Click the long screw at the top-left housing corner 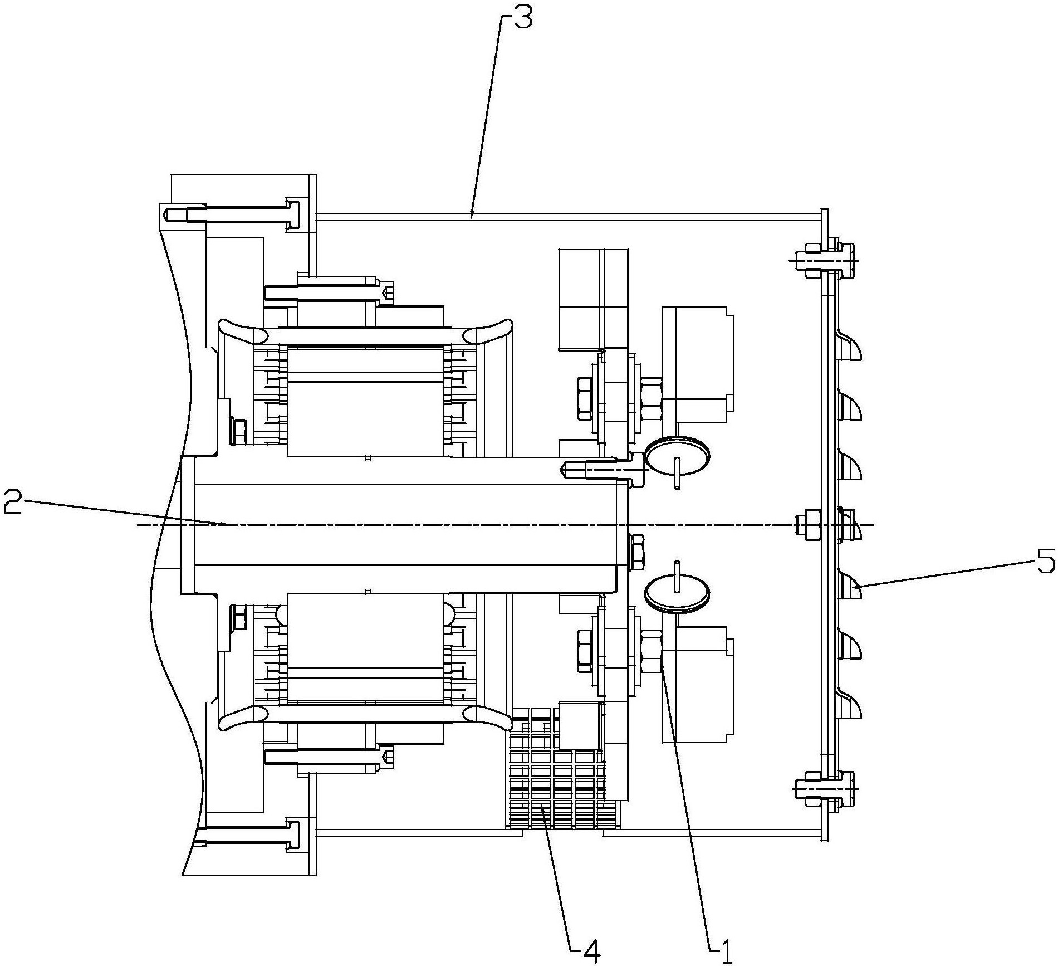point(234,214)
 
